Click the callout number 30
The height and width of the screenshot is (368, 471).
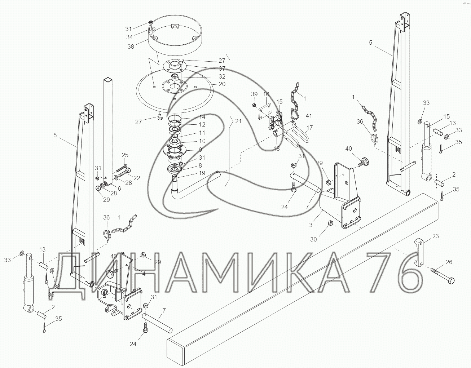[x=313, y=239]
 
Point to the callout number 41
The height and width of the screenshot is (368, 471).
[x=308, y=116]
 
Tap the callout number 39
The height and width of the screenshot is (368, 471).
[x=254, y=94]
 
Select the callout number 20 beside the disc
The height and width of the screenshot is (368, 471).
[x=222, y=84]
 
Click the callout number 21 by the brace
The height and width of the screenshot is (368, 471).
[x=238, y=121]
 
